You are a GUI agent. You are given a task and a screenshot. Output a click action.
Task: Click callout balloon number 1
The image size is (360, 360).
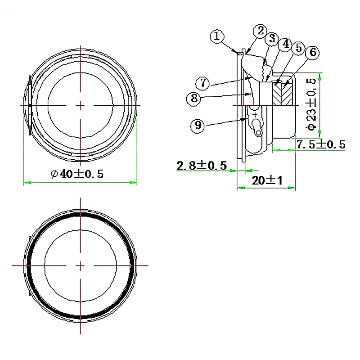[217, 36]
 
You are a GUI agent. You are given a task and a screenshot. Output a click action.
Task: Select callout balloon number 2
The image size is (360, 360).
[260, 31]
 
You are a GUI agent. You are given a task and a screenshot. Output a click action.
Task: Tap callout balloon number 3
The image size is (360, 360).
[272, 38]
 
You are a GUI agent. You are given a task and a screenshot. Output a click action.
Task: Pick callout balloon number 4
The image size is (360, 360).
[285, 44]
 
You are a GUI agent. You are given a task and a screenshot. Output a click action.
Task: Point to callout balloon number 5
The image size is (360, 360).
[298, 48]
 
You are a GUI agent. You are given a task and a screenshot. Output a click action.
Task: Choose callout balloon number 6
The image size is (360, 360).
[313, 52]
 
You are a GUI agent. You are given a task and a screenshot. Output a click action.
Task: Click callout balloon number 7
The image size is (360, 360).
[202, 83]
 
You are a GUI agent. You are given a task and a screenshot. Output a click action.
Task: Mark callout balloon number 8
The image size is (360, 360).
[194, 99]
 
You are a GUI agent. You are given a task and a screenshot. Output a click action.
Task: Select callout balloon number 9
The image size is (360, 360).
[198, 126]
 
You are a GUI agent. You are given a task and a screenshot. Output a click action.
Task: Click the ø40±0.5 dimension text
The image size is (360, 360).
[77, 174]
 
